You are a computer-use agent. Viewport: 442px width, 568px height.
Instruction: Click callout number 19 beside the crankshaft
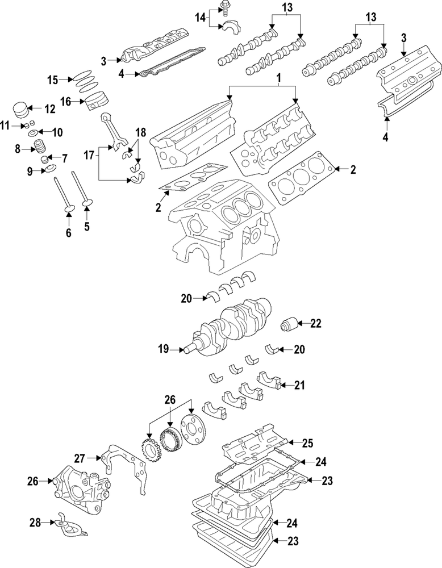(164, 349)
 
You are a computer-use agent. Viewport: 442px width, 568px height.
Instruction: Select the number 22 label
(315, 324)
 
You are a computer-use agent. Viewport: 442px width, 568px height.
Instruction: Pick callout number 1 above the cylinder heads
(278, 77)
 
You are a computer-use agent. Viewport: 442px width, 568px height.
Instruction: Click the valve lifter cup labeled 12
(21, 108)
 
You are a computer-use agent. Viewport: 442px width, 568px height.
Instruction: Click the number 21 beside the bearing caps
(299, 385)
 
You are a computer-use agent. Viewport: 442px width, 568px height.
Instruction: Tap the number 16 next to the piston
(65, 101)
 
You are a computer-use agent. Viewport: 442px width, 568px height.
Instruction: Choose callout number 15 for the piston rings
(52, 80)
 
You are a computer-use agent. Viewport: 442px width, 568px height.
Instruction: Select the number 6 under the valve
(68, 233)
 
